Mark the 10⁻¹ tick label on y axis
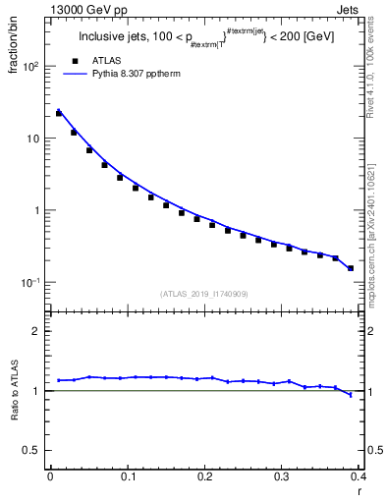tap(31, 282)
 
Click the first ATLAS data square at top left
tap(58, 113)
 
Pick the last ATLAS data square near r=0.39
tap(351, 267)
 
